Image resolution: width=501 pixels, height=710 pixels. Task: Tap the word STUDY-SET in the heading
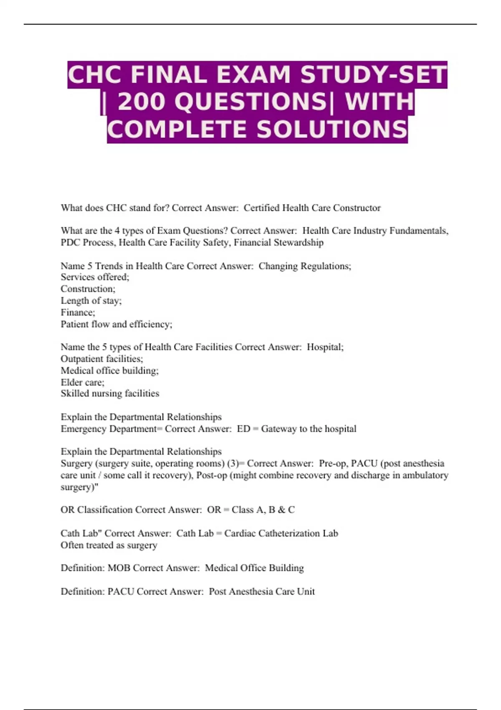[373, 75]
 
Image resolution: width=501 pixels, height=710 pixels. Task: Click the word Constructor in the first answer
[357, 208]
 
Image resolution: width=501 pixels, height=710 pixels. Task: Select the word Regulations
[326, 266]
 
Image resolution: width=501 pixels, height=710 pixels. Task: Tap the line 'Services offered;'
[95, 277]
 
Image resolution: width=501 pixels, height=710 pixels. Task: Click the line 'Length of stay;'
[91, 301]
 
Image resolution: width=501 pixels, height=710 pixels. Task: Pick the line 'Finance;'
[78, 312]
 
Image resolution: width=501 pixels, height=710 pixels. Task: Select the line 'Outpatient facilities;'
[102, 359]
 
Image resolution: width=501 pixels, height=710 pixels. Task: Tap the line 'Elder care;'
[82, 382]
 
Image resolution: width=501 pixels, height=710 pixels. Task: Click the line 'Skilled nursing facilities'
[110, 393]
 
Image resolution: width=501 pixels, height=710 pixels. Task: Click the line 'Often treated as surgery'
[109, 545]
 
